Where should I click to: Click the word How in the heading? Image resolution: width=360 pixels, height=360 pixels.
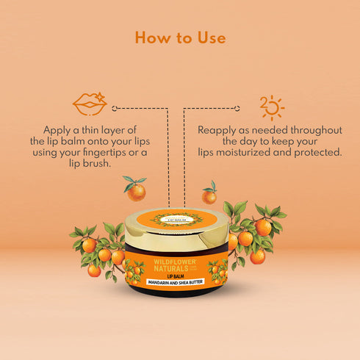click(x=152, y=37)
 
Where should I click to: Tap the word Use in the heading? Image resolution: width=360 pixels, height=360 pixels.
click(x=209, y=37)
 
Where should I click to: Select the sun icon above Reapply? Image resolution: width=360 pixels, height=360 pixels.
click(x=272, y=107)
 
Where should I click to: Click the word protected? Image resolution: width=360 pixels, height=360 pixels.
click(x=317, y=152)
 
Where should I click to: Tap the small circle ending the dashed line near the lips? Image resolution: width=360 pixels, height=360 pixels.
click(x=114, y=107)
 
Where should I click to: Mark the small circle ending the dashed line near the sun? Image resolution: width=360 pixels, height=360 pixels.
click(x=246, y=107)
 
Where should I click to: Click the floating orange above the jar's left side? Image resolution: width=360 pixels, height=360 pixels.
click(x=136, y=191)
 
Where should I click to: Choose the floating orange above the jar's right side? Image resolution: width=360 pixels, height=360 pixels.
click(x=209, y=195)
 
